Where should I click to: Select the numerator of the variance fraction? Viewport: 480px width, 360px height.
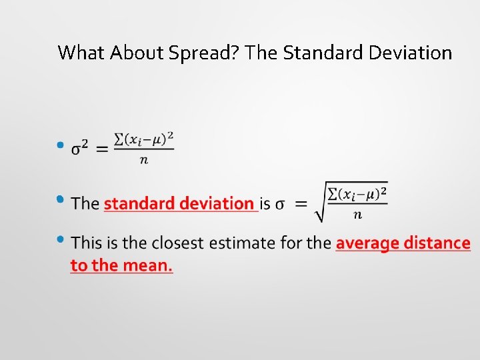click(144, 139)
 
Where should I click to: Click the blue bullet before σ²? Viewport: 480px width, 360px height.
click(60, 145)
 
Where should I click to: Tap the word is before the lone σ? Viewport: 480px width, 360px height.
click(265, 203)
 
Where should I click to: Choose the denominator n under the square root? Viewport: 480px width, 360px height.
click(357, 215)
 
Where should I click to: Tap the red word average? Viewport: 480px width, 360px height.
click(367, 243)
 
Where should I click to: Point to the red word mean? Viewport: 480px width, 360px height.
click(147, 265)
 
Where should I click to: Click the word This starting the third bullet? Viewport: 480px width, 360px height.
click(87, 243)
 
